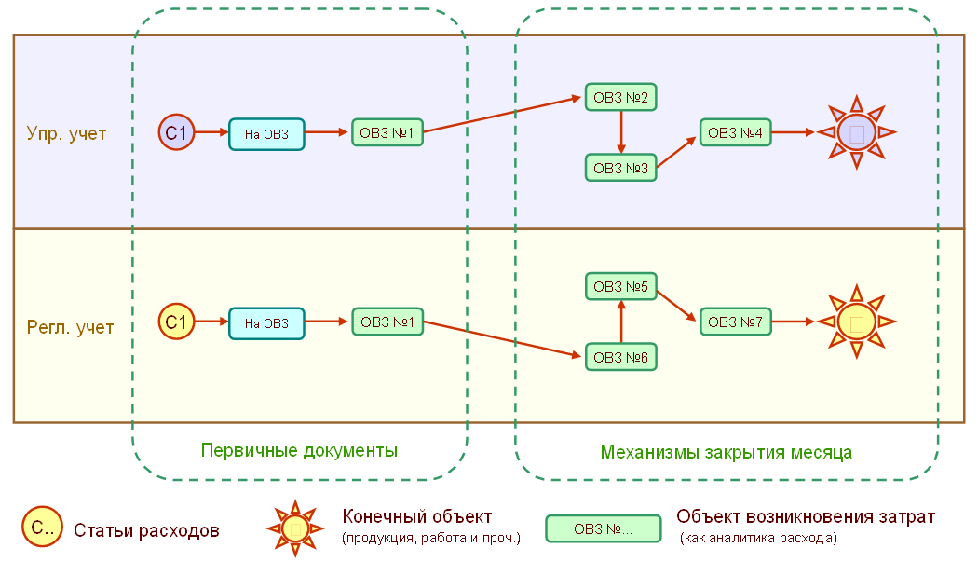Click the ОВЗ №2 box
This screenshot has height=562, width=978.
[620, 97]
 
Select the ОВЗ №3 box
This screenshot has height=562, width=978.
[620, 168]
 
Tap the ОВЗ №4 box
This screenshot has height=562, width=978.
[735, 133]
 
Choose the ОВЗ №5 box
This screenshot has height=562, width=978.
[620, 286]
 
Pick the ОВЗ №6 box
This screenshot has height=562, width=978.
[620, 356]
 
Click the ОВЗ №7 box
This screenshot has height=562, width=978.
[735, 322]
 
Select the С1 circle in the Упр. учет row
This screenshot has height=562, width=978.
[176, 133]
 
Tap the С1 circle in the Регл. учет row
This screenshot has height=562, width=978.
[176, 322]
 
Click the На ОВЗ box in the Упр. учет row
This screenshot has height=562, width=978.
[266, 134]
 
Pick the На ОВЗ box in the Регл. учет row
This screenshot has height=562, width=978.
[266, 323]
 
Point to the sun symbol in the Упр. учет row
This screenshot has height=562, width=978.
[856, 132]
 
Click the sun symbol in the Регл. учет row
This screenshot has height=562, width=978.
[856, 322]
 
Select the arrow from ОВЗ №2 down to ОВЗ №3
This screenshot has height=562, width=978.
[620, 132]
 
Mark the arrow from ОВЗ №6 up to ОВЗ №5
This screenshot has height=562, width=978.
[620, 322]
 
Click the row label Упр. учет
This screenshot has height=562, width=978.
[66, 134]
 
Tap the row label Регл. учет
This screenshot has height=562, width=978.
[70, 328]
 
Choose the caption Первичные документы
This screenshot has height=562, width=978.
[299, 451]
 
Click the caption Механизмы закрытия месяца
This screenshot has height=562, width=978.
[727, 452]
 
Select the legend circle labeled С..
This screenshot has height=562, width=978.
[42, 528]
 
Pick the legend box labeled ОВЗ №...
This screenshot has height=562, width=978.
[603, 529]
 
